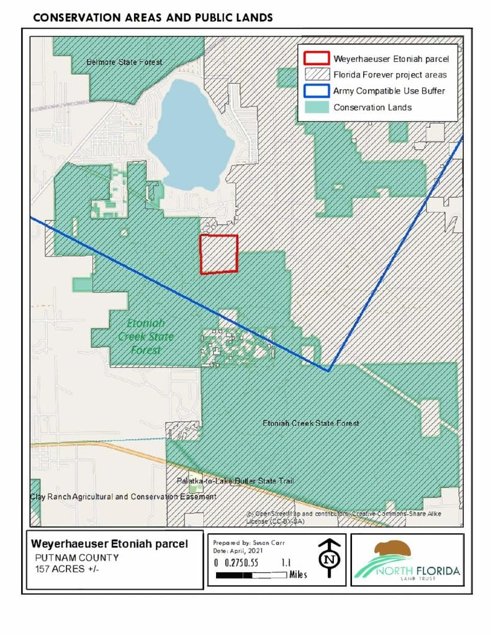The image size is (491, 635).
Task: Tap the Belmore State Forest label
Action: click(x=124, y=62)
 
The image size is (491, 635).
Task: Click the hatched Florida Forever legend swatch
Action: click(x=316, y=74)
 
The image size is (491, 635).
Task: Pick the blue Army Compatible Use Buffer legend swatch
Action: click(x=316, y=91)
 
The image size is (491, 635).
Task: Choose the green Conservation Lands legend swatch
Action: click(x=316, y=107)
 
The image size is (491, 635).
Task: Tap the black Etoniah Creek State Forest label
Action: click(x=310, y=424)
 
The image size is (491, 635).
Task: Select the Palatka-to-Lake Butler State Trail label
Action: click(x=235, y=481)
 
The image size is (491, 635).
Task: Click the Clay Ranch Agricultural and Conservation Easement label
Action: click(x=123, y=497)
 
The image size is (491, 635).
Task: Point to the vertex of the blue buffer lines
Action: click(x=328, y=370)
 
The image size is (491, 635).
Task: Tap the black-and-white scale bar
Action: click(x=250, y=575)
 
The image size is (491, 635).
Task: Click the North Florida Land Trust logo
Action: click(x=407, y=560)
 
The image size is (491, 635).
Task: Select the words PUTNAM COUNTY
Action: click(x=77, y=557)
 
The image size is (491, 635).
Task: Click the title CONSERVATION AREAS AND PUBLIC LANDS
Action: click(x=153, y=17)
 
